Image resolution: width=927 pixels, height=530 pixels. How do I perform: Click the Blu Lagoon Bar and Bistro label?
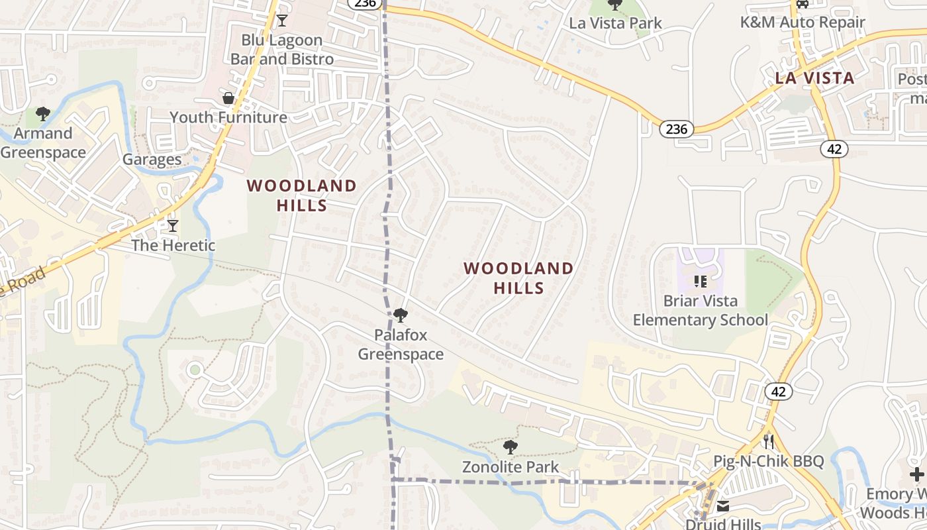pos(282,50)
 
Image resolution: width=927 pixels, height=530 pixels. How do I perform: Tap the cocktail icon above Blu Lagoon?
pos(282,21)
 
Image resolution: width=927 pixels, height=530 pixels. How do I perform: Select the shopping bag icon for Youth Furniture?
pos(228,99)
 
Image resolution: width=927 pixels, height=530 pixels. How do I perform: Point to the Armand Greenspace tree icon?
pos(43,114)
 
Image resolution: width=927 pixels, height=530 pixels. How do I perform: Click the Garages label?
pos(152,160)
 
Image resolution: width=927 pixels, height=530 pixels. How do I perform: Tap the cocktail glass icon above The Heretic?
pos(173,226)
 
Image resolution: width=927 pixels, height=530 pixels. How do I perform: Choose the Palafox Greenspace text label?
pos(401,344)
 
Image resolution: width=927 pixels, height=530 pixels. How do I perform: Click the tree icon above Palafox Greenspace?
pos(400,315)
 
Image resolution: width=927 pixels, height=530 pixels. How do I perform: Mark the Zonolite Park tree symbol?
pos(510,447)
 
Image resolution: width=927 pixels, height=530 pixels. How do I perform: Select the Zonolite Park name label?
pos(511,467)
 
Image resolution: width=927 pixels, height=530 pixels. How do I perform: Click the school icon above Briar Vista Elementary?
pos(701,282)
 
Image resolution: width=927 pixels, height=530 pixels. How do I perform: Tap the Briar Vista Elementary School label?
pos(701,311)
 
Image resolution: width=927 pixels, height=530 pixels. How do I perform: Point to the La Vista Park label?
pos(616,23)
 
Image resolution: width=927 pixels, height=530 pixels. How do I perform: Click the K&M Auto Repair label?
pos(803,23)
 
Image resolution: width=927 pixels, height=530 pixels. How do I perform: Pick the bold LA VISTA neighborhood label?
pos(814,78)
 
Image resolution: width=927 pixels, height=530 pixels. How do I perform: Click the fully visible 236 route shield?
pos(676,129)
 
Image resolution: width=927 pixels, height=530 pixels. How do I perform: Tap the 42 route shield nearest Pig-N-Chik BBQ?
pos(778,392)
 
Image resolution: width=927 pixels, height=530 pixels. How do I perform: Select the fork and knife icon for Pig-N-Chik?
pos(769,441)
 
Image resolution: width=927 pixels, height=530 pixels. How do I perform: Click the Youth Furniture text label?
pos(228,118)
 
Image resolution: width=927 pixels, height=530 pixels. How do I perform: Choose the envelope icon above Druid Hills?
pos(723,507)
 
